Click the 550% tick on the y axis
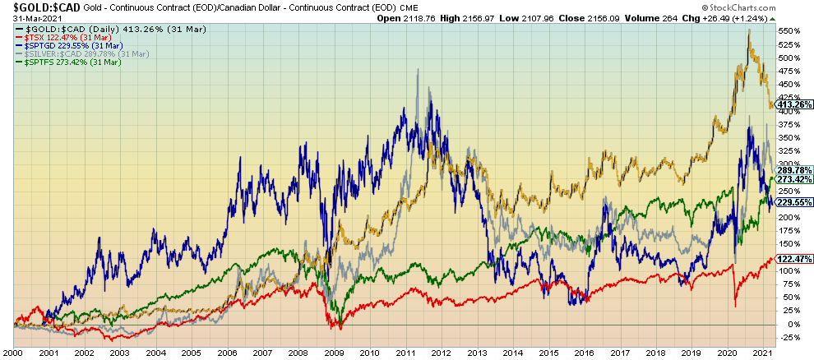point(790,31)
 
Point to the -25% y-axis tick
point(790,337)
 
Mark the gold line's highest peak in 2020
point(748,30)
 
